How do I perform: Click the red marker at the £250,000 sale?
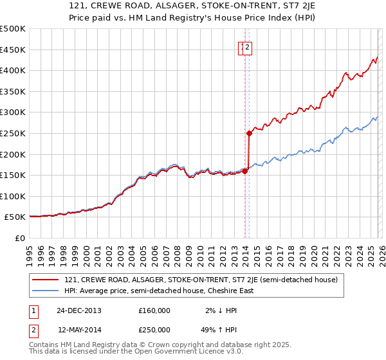[249, 133]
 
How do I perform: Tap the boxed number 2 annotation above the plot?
[248, 46]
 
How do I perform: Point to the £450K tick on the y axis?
[14, 50]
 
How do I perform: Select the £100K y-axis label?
[14, 196]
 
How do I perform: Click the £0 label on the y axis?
[20, 238]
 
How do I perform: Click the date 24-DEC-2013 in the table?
[79, 310]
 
